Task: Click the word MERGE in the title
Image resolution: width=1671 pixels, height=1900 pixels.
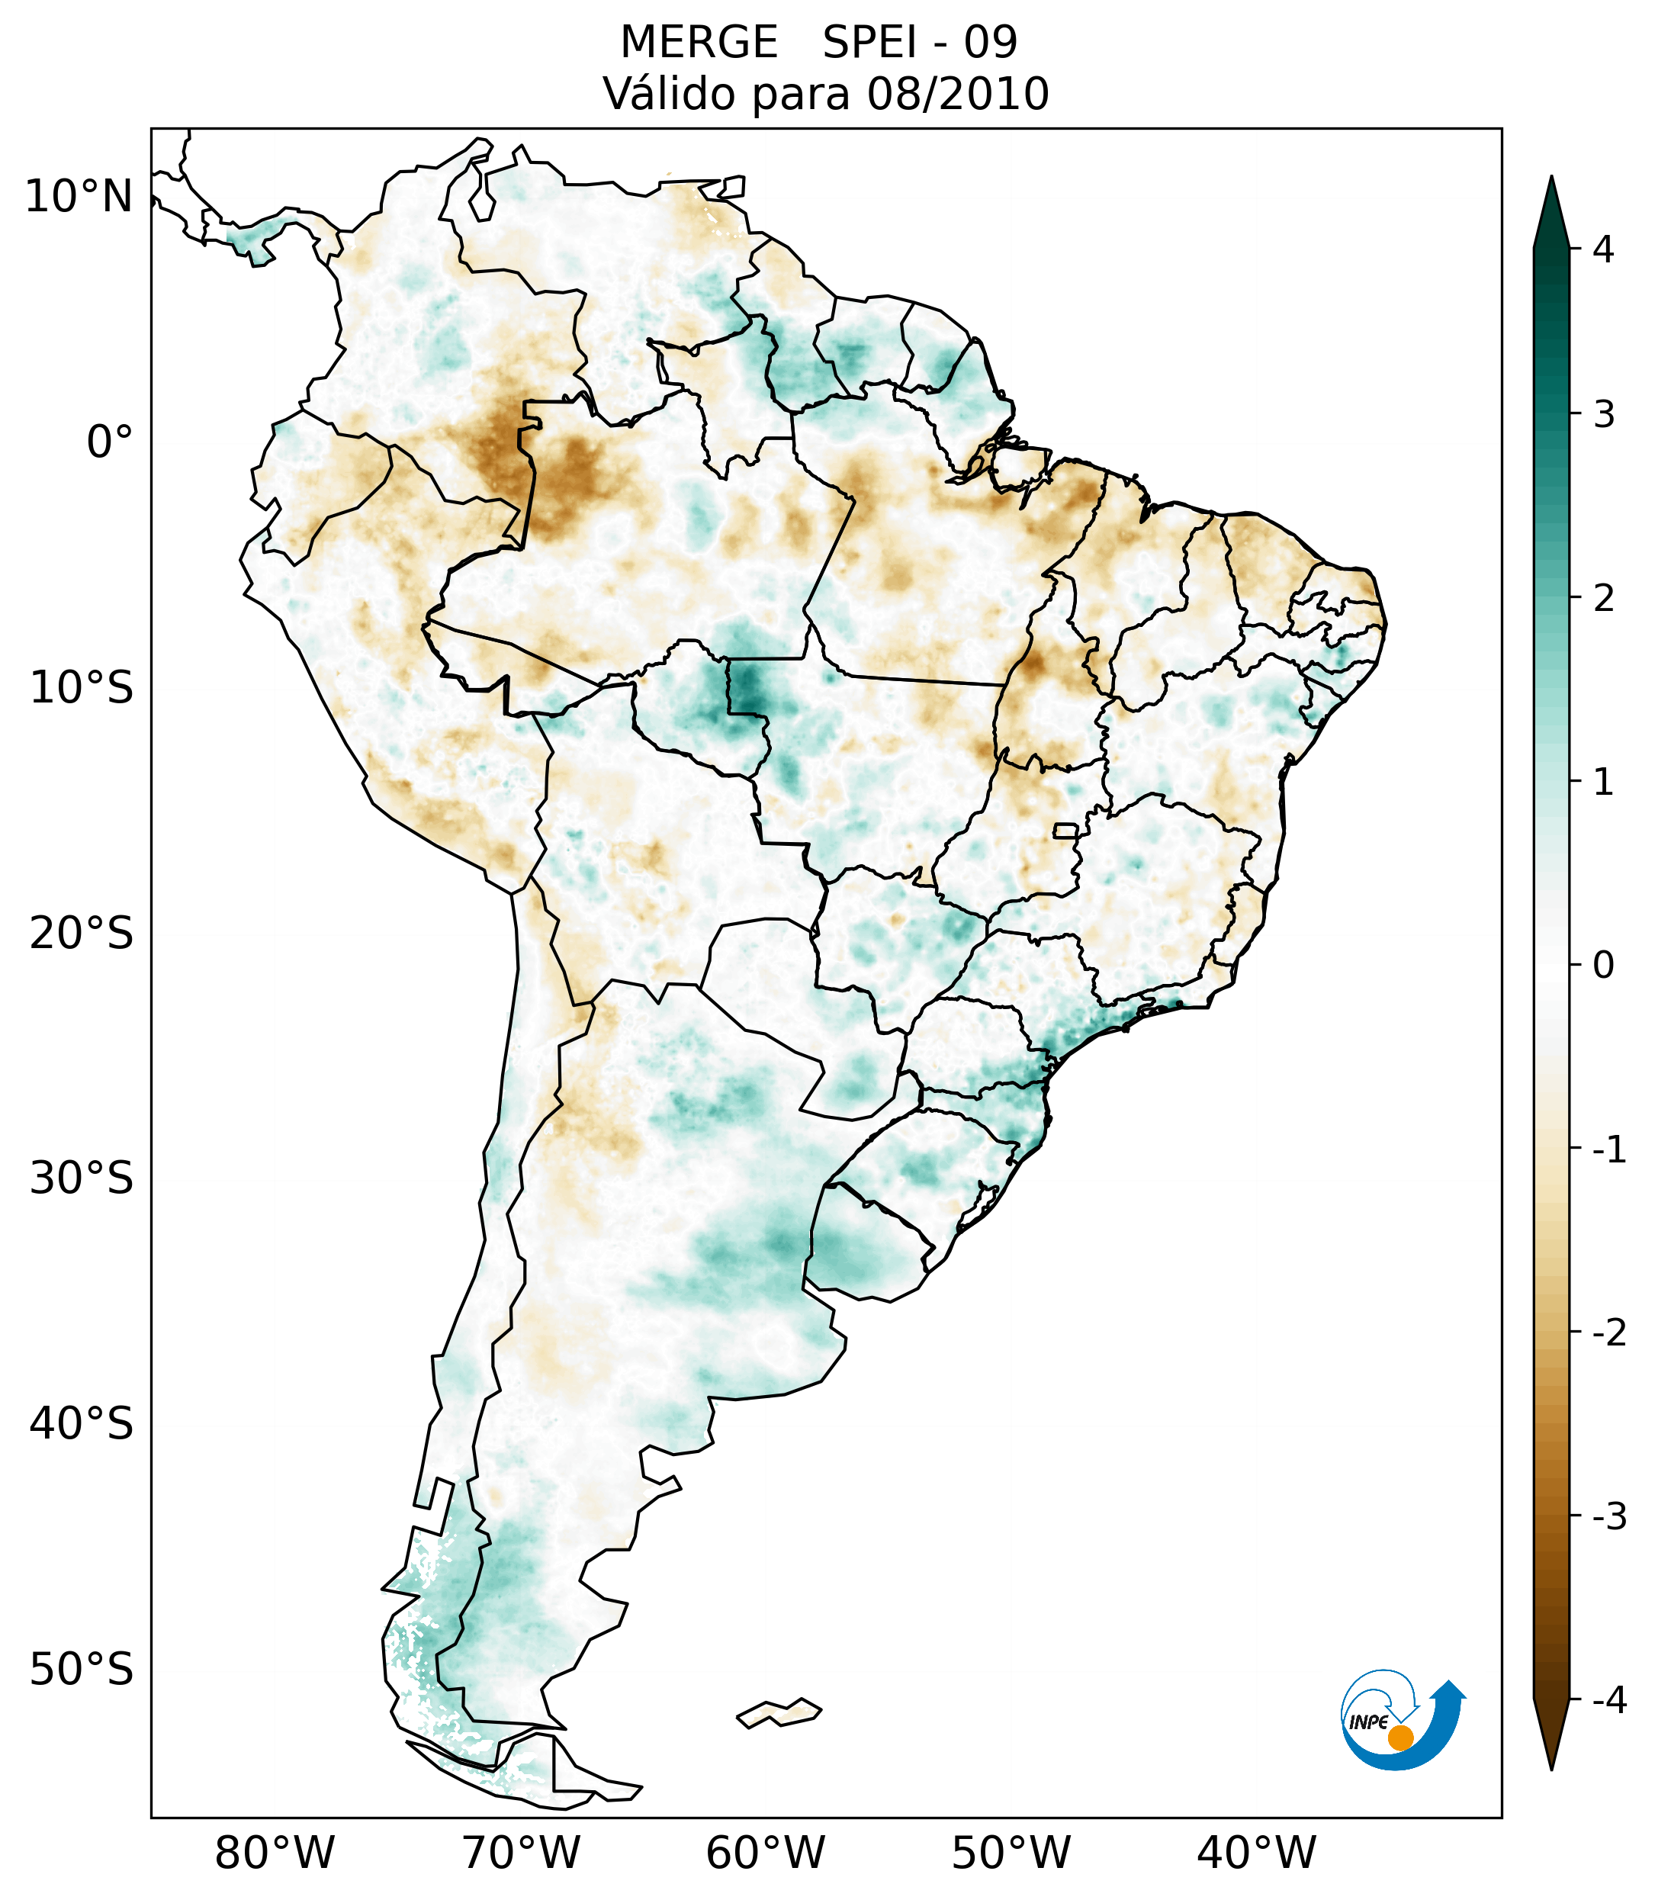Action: tap(698, 43)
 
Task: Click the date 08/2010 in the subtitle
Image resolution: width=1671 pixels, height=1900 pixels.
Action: tap(957, 94)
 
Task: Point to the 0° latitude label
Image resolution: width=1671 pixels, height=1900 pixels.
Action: tap(110, 442)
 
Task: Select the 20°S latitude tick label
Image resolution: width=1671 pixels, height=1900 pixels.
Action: tap(82, 932)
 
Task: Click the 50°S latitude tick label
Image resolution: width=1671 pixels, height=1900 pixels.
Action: tap(82, 1670)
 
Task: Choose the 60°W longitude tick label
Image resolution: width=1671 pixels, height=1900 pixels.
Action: tap(765, 1853)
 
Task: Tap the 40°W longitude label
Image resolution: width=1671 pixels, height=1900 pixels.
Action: tap(1257, 1853)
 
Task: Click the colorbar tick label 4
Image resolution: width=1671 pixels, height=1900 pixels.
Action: tap(1603, 249)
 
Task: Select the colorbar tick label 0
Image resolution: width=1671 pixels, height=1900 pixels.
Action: tap(1603, 966)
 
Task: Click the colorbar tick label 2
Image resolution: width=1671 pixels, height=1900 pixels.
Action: tap(1603, 599)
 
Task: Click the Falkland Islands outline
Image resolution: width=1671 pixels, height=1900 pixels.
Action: tap(779, 1712)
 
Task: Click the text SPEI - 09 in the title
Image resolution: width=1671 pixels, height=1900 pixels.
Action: tap(920, 43)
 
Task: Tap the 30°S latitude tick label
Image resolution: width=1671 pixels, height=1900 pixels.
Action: tap(82, 1178)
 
